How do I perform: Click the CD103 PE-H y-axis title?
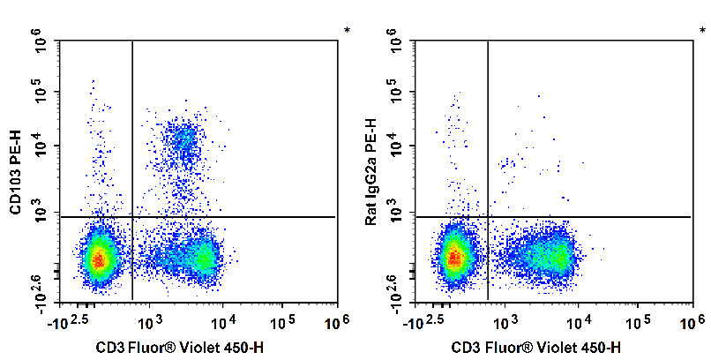[16, 171]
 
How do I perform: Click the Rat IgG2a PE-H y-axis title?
[371, 171]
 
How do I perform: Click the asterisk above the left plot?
[348, 32]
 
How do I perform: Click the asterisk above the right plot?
[703, 32]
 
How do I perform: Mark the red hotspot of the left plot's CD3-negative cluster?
[99, 259]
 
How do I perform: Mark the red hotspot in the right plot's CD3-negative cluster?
[454, 259]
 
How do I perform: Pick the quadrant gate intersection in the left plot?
[132, 216]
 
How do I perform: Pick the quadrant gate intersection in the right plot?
[488, 216]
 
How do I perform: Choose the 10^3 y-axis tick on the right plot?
[397, 214]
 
